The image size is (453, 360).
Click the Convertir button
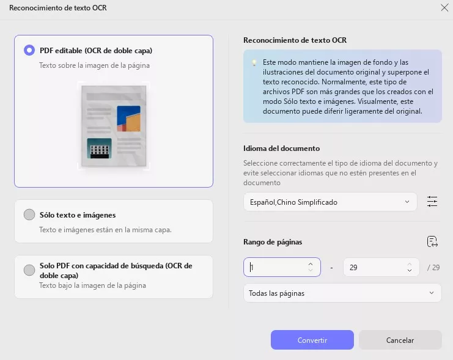pyautogui.click(x=312, y=340)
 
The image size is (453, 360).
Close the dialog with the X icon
pyautogui.click(x=444, y=7)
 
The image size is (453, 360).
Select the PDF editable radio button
pyautogui.click(x=29, y=50)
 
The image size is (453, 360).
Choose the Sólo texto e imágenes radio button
pyautogui.click(x=29, y=215)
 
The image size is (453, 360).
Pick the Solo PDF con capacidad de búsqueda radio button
pyautogui.click(x=29, y=270)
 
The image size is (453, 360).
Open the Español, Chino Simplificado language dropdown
pyautogui.click(x=330, y=202)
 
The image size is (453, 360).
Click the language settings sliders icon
pyautogui.click(x=432, y=201)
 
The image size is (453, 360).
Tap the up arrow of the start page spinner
pyautogui.click(x=311, y=264)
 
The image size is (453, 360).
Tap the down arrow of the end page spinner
pyautogui.click(x=410, y=270)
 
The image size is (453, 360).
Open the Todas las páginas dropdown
pyautogui.click(x=342, y=293)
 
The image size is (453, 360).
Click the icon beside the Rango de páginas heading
pyautogui.click(x=432, y=241)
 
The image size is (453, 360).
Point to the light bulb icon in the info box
pyautogui.click(x=254, y=63)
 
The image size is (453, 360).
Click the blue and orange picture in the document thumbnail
pyautogui.click(x=128, y=119)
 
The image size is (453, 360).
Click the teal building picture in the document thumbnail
pyautogui.click(x=99, y=149)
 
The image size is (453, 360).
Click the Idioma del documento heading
pyautogui.click(x=281, y=149)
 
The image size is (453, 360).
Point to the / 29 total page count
pyautogui.click(x=433, y=268)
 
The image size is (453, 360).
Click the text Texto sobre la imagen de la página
pyautogui.click(x=95, y=65)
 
